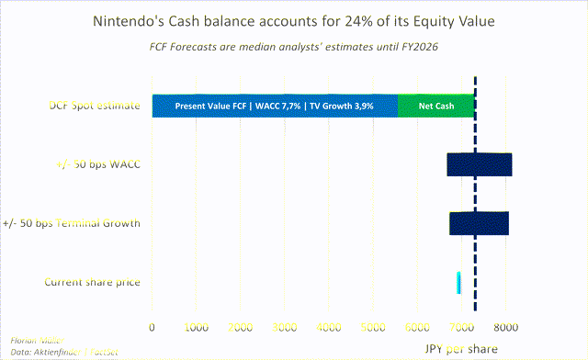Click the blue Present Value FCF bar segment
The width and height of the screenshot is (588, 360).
point(275,106)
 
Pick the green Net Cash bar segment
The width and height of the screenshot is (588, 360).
point(435,106)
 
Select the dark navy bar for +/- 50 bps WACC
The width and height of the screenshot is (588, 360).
point(479,164)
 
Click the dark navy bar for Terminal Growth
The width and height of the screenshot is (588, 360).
point(479,223)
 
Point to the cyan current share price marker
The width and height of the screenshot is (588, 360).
point(458,282)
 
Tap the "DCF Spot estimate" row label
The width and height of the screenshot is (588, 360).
point(95,106)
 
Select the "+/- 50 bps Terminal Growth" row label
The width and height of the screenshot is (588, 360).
point(72,223)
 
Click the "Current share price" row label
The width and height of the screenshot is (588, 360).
point(93,282)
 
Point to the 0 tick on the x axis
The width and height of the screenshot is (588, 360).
point(153,326)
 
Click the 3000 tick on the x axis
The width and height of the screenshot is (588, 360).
point(284,326)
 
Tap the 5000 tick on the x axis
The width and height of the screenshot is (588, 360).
point(372,326)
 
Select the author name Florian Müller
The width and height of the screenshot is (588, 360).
point(30,339)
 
